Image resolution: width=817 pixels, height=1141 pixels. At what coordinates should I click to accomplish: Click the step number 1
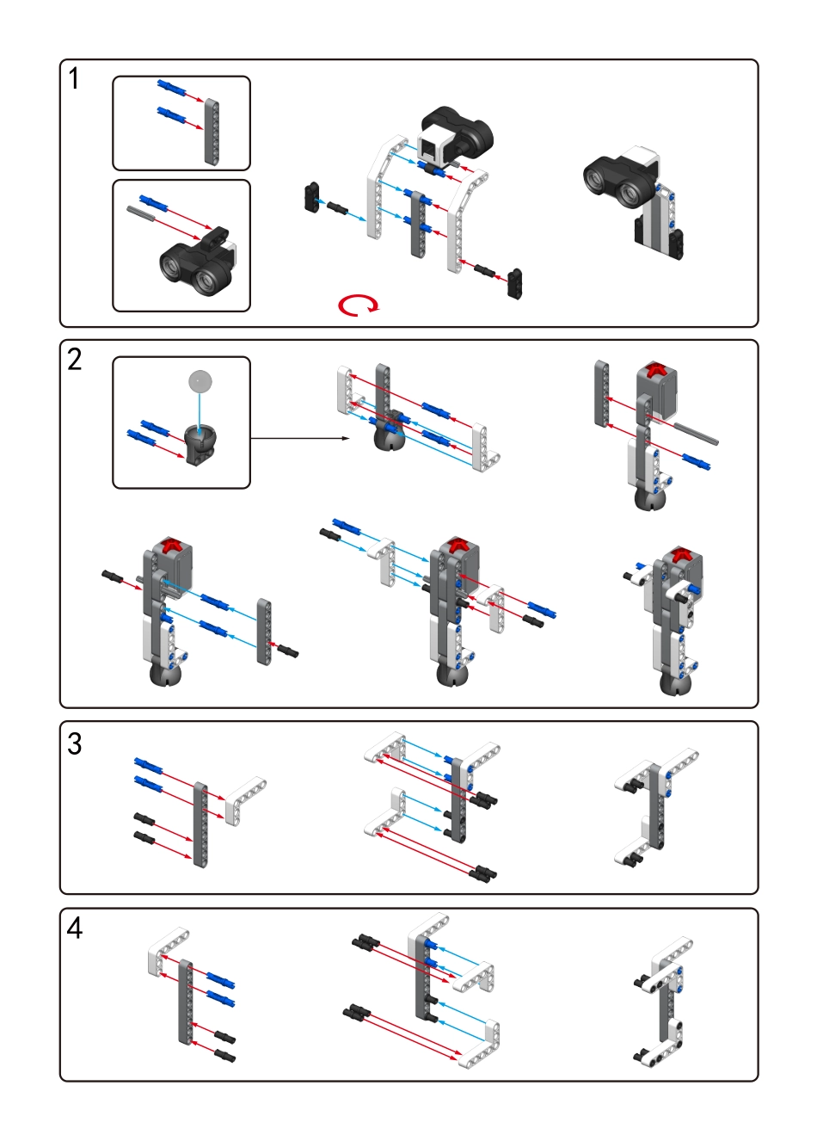[x=74, y=79]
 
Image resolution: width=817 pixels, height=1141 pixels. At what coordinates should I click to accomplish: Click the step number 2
[x=75, y=358]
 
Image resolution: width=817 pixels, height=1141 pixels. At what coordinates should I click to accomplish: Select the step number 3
[x=75, y=743]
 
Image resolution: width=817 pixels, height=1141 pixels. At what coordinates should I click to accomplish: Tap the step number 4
[x=75, y=928]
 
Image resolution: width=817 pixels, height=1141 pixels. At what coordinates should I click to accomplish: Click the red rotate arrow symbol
[x=357, y=305]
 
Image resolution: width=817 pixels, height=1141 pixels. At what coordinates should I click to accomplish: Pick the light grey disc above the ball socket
[x=200, y=381]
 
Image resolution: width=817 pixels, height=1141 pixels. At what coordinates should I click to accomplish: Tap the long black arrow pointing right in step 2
[x=300, y=439]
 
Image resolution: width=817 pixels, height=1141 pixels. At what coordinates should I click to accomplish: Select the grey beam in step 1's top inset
[x=212, y=131]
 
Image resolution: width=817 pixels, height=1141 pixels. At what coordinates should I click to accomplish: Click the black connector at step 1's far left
[x=311, y=197]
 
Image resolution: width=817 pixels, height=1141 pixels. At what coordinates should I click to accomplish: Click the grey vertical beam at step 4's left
[x=186, y=1002]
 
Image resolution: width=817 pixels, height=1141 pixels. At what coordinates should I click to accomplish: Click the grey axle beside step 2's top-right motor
[x=697, y=434]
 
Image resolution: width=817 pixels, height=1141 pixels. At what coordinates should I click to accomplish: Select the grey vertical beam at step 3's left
[x=200, y=823]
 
